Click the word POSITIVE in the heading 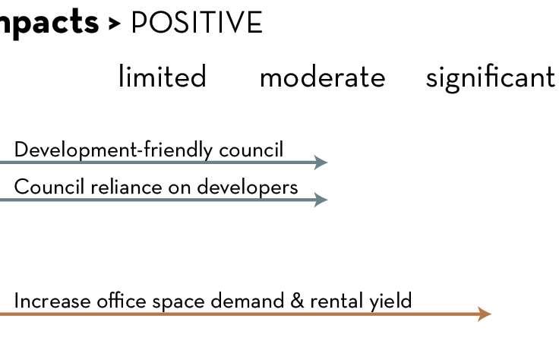[197, 23]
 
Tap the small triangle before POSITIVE [115, 24]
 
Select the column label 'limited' [163, 76]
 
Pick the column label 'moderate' [322, 77]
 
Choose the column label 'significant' [490, 78]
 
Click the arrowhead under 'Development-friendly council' [321, 163]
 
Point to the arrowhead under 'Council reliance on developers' [321, 200]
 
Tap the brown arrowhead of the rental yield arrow [485, 314]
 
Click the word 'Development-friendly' [114, 150]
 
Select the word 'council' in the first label [251, 150]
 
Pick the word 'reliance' [126, 186]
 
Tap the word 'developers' [248, 187]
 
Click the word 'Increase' [52, 301]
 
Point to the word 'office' [122, 301]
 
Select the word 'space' [178, 302]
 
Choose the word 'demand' [248, 301]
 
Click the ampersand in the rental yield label [297, 301]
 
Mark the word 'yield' [390, 302]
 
